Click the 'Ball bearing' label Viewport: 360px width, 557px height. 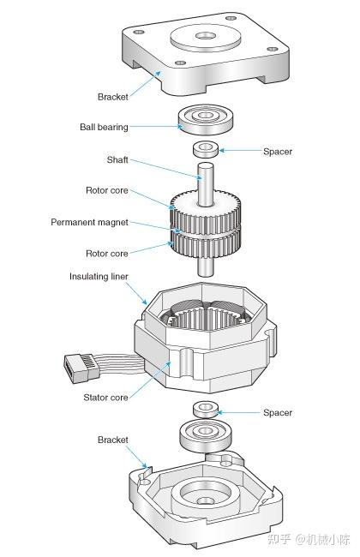(104, 127)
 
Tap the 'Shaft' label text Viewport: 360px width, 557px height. (117, 160)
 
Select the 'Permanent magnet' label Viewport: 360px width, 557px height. (89, 223)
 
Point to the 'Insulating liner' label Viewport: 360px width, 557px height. (99, 277)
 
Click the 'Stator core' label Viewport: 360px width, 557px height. (105, 398)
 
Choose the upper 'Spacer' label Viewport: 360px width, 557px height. (278, 152)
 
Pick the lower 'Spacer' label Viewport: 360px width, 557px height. (278, 413)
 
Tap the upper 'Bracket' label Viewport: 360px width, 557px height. (112, 97)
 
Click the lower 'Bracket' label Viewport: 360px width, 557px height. (112, 440)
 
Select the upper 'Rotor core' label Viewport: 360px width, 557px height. (106, 190)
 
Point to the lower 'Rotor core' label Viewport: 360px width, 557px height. (106, 254)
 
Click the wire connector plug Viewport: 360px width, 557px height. (81, 368)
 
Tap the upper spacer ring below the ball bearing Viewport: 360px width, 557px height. (206, 149)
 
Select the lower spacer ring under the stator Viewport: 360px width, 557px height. (206, 410)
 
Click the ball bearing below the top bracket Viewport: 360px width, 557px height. (206, 120)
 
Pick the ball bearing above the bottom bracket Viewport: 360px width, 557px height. (206, 436)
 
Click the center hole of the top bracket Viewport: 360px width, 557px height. (206, 36)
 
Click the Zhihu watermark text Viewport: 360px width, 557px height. (309, 539)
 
